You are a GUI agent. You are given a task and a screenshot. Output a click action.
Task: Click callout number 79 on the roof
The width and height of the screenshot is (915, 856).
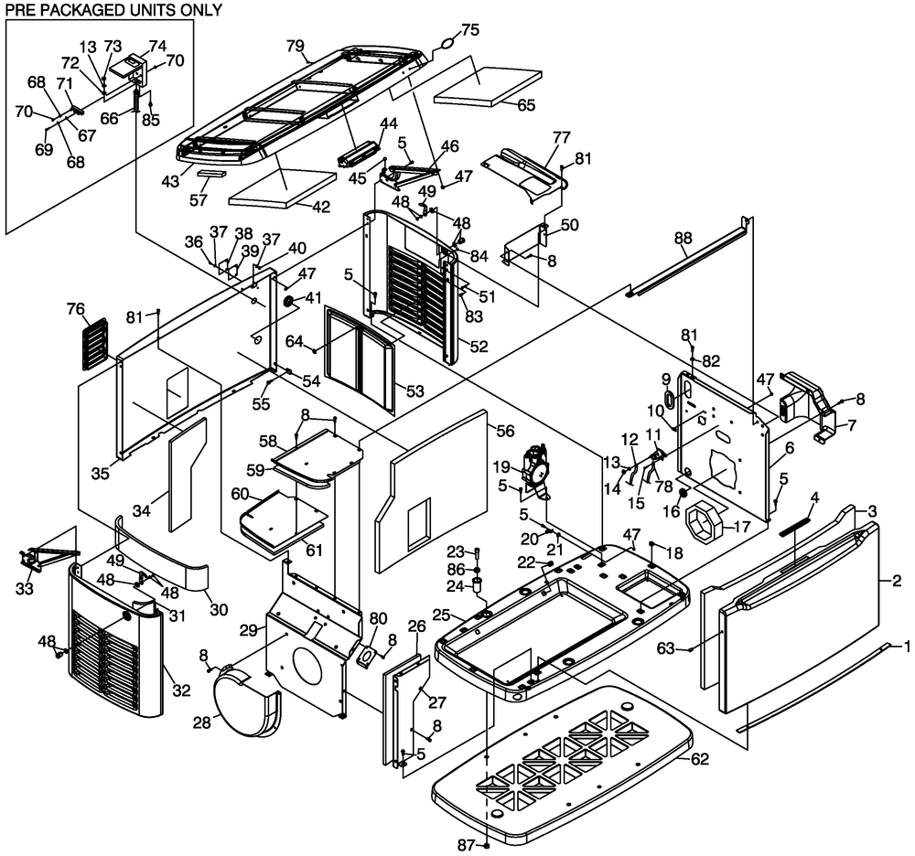(x=295, y=45)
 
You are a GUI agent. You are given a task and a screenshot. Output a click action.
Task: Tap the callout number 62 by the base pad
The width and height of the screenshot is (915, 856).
(x=699, y=758)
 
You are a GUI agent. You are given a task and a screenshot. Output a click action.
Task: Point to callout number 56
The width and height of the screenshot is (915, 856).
(x=506, y=430)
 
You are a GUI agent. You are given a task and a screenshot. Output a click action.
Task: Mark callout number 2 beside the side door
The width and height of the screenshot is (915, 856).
(x=897, y=580)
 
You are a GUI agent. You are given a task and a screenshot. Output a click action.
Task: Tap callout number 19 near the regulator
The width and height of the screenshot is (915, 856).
(x=502, y=466)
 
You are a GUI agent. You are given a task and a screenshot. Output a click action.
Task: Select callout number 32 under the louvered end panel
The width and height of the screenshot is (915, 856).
(x=180, y=690)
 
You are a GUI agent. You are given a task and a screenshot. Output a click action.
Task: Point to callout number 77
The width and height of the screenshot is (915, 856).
(x=561, y=137)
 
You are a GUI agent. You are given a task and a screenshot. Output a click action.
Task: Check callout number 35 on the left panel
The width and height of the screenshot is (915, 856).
(x=101, y=472)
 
